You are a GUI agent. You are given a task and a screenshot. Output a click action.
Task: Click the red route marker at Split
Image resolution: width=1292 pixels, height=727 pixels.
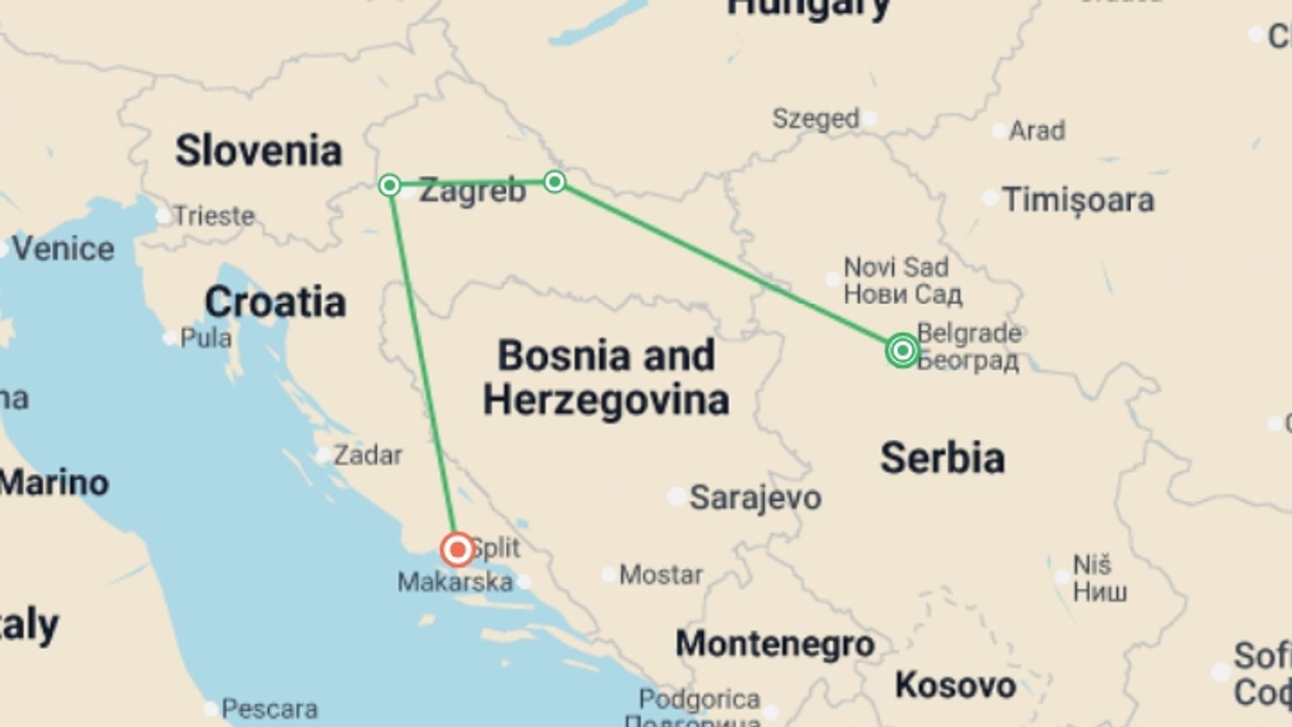pyautogui.click(x=458, y=549)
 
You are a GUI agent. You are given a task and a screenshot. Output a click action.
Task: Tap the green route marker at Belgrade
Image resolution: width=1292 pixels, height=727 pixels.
pyautogui.click(x=902, y=350)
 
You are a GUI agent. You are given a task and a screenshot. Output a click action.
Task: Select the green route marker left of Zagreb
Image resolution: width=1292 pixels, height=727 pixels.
pyautogui.click(x=390, y=184)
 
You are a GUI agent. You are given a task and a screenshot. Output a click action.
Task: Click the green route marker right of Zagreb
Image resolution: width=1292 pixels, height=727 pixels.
pyautogui.click(x=554, y=181)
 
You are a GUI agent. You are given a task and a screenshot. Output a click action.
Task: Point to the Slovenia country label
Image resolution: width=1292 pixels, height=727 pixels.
pyautogui.click(x=258, y=150)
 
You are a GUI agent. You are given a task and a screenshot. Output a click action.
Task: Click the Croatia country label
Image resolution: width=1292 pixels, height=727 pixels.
pyautogui.click(x=275, y=302)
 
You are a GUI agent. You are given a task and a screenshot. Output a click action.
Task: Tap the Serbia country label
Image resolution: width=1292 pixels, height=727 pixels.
pyautogui.click(x=942, y=458)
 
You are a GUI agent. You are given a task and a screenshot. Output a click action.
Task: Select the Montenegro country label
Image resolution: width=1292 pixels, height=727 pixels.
pyautogui.click(x=775, y=644)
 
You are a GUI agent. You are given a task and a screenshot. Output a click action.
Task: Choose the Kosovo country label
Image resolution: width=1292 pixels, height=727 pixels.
pyautogui.click(x=955, y=685)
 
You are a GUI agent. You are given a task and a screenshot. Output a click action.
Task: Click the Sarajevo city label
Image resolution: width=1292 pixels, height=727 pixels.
pyautogui.click(x=755, y=498)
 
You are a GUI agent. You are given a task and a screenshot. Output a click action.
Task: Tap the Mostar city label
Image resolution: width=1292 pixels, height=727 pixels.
pyautogui.click(x=661, y=575)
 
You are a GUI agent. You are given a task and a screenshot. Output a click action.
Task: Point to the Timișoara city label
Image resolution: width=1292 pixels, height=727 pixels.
pyautogui.click(x=1078, y=200)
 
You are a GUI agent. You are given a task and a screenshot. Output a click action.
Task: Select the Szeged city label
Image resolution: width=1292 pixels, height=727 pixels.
pyautogui.click(x=816, y=118)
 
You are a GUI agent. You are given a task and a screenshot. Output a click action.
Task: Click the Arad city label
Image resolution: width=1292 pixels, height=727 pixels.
pyautogui.click(x=1036, y=130)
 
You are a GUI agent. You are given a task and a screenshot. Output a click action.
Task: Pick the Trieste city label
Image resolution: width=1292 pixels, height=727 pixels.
pyautogui.click(x=214, y=216)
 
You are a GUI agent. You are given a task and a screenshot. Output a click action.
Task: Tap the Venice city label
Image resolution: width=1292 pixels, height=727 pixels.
pyautogui.click(x=63, y=249)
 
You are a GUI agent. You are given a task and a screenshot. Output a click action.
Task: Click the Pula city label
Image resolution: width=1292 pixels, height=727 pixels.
pyautogui.click(x=206, y=337)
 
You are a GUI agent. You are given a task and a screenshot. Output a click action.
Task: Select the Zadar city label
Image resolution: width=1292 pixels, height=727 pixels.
pyautogui.click(x=367, y=456)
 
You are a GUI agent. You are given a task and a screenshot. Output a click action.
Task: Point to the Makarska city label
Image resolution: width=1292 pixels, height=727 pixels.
pyautogui.click(x=455, y=582)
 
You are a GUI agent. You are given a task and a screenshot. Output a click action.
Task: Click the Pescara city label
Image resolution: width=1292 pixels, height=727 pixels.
pyautogui.click(x=269, y=708)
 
